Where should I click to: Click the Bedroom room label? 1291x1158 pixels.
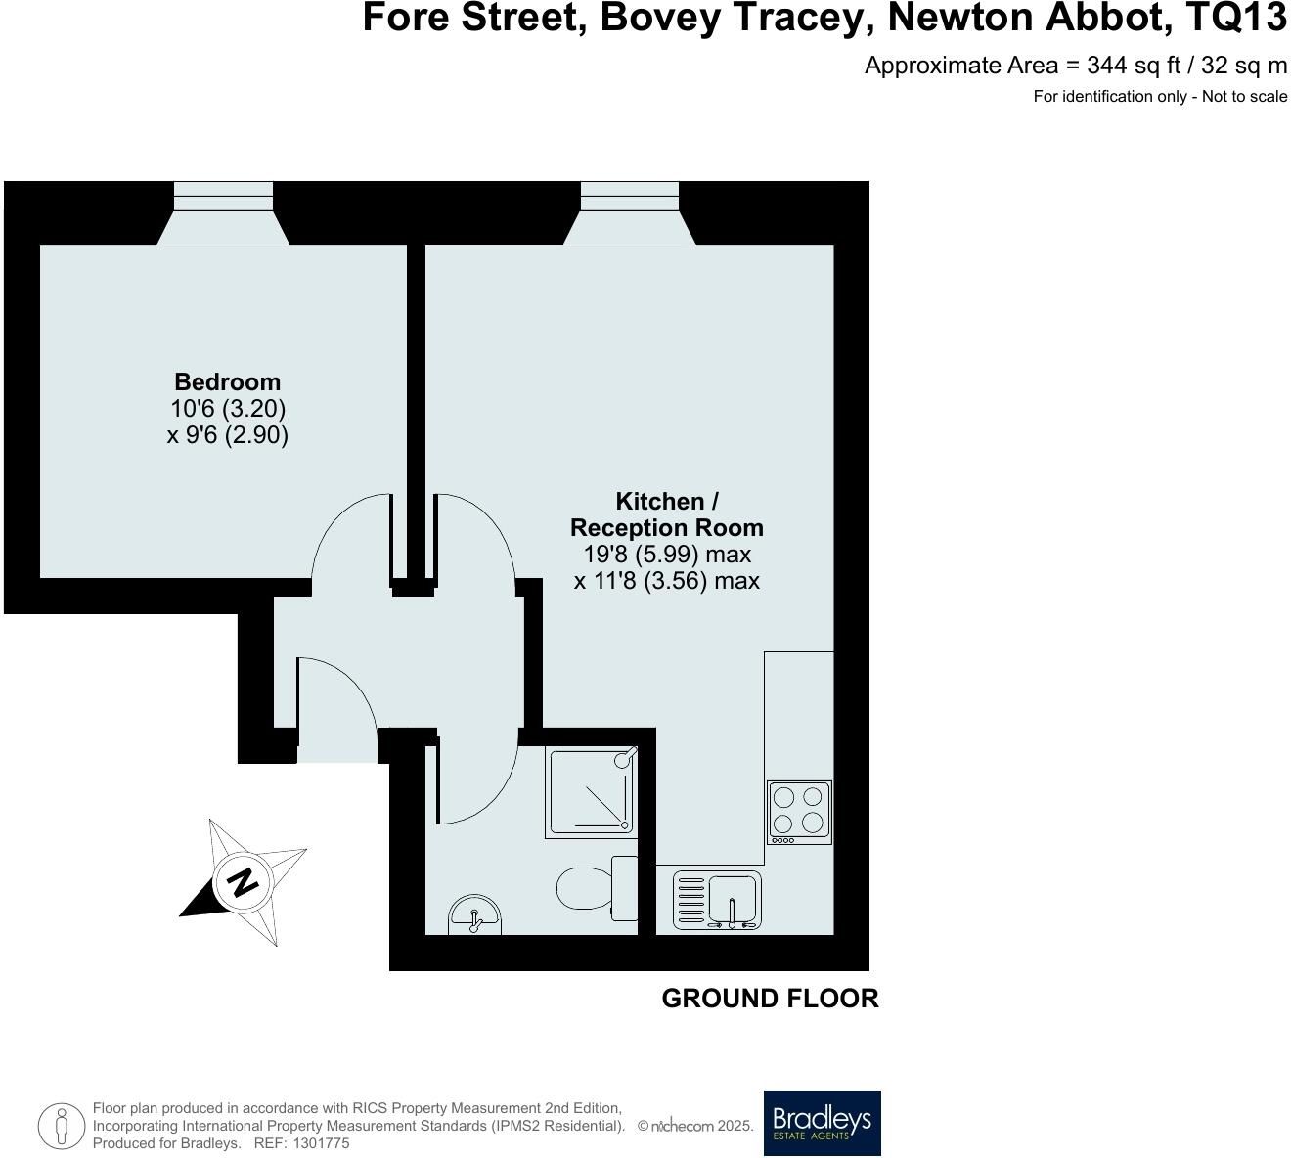[227, 381]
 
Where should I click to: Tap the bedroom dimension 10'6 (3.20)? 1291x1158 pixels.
[227, 408]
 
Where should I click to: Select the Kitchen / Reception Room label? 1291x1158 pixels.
[667, 514]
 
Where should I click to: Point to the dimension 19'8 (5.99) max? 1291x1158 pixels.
[667, 555]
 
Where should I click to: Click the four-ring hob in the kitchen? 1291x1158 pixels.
[799, 812]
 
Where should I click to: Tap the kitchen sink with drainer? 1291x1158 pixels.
[717, 900]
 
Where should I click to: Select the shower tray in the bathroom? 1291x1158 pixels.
[591, 792]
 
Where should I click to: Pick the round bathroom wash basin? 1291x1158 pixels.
[475, 916]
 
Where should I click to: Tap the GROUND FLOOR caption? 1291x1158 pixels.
[770, 999]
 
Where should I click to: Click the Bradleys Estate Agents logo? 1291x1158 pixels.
[822, 1123]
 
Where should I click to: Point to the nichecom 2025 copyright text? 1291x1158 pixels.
[695, 1126]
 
